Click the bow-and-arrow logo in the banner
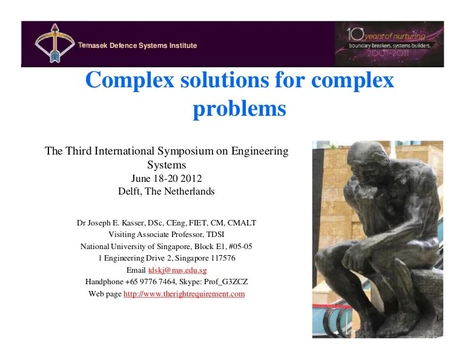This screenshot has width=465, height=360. coord(53,42)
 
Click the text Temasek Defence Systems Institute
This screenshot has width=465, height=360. coord(137,46)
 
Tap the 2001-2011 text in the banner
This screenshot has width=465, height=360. coord(389,54)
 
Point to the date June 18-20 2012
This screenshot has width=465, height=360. coord(167,178)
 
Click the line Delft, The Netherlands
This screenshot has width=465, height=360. coord(167,192)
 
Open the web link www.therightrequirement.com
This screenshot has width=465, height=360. coord(184,294)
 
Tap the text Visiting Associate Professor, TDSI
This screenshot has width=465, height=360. coord(167,234)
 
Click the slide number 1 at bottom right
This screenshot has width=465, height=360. coord(437,318)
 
